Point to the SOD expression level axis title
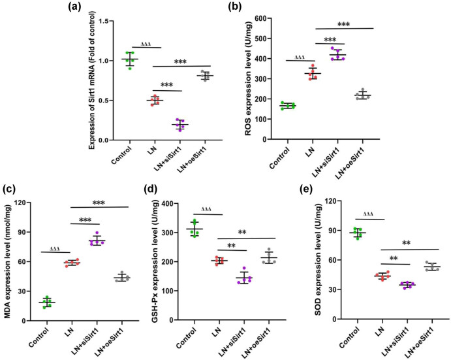[322, 261]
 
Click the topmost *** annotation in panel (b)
[343, 24]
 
